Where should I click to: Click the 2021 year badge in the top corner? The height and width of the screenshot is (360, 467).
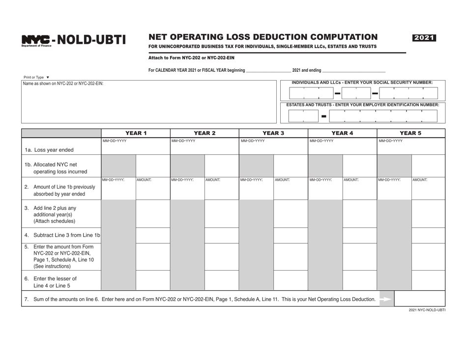pos(425,38)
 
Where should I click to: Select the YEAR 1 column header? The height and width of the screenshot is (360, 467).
pos(136,133)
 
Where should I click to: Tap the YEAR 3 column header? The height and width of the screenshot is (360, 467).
pos(273,133)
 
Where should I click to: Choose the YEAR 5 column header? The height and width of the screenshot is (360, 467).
pos(411,133)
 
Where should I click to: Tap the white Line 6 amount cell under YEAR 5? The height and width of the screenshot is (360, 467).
pos(428,280)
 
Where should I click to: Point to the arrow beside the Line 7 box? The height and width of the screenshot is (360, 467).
pos(386,299)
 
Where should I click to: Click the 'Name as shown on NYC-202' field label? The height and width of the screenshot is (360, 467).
pos(63,83)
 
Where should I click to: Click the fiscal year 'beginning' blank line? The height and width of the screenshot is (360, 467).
pos(268,71)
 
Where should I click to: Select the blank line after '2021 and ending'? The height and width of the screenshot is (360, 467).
pos(353,71)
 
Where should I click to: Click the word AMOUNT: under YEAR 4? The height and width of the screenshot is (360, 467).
pos(350,180)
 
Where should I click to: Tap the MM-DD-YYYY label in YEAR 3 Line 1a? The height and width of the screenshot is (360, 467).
pos(252,141)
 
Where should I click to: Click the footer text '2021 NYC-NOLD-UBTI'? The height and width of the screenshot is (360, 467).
pos(427,310)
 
